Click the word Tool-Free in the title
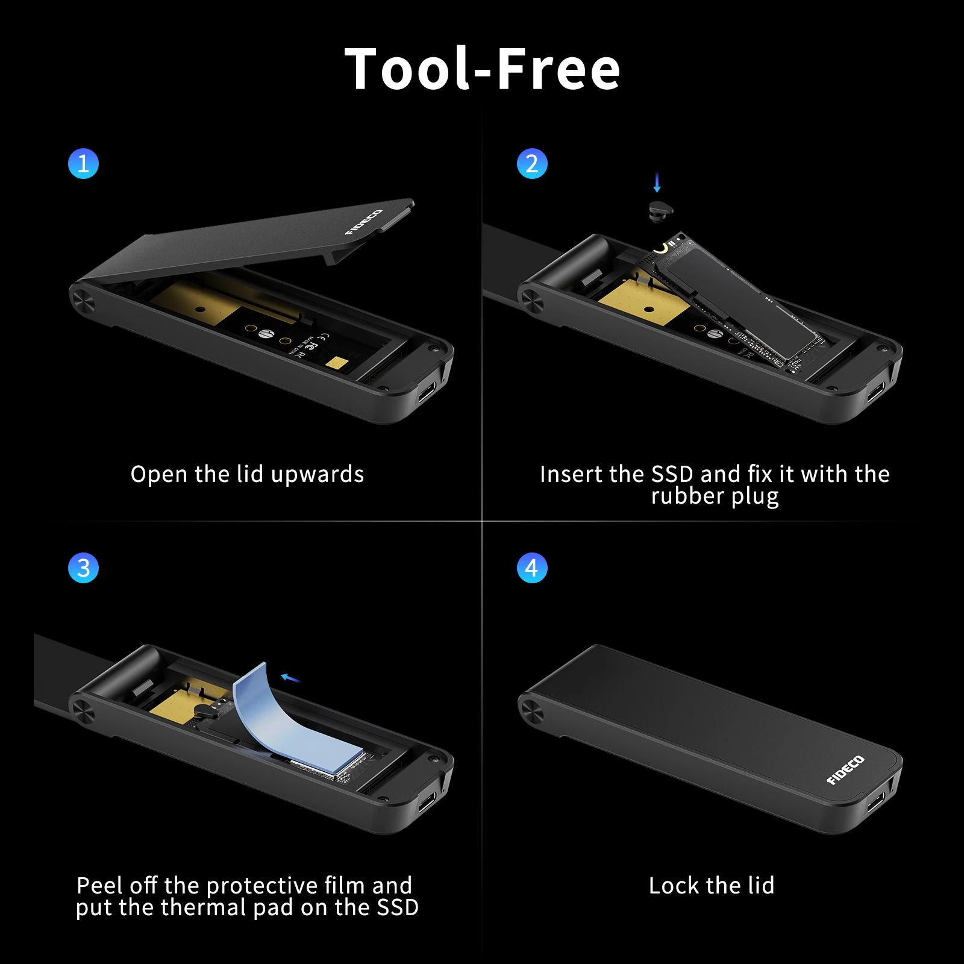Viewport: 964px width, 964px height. pos(482,69)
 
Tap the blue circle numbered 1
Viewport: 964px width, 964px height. pos(83,163)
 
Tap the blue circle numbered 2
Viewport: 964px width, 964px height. pos(532,163)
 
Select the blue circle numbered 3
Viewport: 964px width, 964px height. pos(83,568)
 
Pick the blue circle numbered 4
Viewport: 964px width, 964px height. pos(532,568)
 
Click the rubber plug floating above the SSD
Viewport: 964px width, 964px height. pos(661,210)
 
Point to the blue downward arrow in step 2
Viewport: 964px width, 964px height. pos(657,181)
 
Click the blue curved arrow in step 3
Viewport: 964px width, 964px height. pos(291,679)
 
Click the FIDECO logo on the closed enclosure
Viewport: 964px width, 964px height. pos(845,770)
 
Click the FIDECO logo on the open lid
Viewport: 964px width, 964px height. pos(364,222)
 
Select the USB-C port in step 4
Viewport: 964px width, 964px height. pos(875,803)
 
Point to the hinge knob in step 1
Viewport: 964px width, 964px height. pos(83,299)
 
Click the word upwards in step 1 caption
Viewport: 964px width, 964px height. pos(318,475)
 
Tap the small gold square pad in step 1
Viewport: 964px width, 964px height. pos(337,362)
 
